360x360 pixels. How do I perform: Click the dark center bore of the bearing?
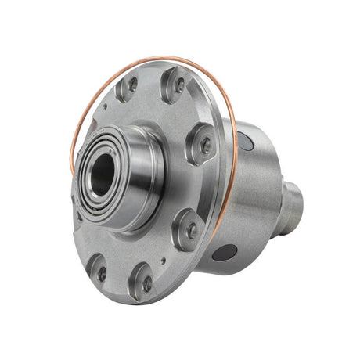coord(103,175)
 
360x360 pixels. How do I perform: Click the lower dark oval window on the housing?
coord(225,252)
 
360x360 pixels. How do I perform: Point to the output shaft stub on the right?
coord(290,208)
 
